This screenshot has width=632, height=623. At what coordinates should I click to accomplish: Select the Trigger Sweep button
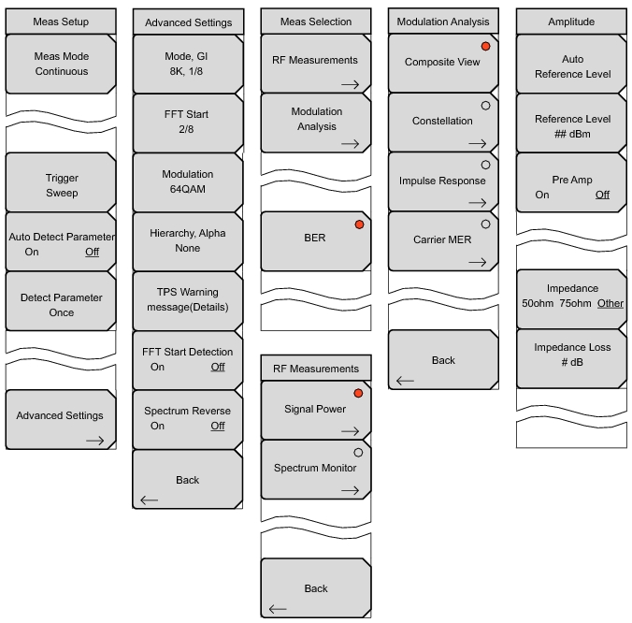coord(62,185)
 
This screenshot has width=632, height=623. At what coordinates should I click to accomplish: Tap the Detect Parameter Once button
coord(62,305)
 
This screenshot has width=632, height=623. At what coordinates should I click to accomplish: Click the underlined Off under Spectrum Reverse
coord(217,426)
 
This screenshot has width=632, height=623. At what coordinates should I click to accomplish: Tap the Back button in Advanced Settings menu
coord(188,481)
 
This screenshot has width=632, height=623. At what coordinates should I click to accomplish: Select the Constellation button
coord(442,122)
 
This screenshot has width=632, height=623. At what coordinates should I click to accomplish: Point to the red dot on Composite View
coord(484,46)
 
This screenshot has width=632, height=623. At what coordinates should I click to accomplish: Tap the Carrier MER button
coord(442,240)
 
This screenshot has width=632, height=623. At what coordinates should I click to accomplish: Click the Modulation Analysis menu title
coord(443,22)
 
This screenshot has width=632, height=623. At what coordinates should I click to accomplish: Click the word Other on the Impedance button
coord(610,303)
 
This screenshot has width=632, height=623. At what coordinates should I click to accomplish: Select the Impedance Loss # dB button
coord(572,355)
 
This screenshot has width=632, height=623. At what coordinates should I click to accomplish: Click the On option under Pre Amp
coord(542,195)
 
